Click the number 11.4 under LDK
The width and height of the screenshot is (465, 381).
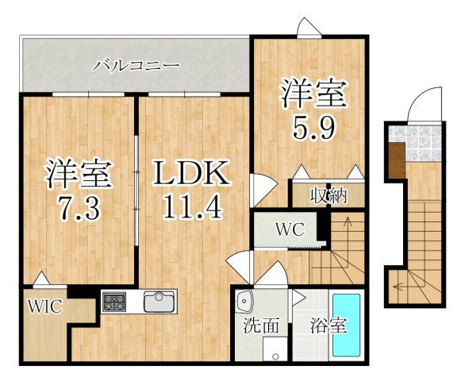(190, 208)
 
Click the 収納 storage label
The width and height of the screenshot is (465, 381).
(327, 195)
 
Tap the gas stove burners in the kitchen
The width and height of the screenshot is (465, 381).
(113, 302)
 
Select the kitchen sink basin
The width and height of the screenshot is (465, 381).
(160, 302)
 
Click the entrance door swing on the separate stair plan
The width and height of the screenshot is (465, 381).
(421, 107)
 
